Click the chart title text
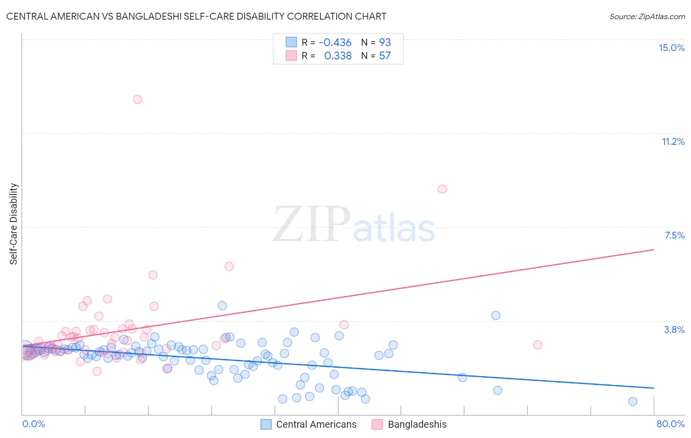click(x=196, y=16)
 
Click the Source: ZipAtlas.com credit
click(x=647, y=16)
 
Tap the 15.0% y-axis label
click(x=671, y=48)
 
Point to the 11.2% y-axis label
click(x=673, y=141)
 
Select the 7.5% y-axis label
click(x=674, y=235)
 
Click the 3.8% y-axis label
click(x=674, y=329)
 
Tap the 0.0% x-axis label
click(x=33, y=424)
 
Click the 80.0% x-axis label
click(x=670, y=424)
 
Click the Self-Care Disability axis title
click(x=14, y=224)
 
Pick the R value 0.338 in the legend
click(x=338, y=55)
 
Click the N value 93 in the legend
click(x=385, y=42)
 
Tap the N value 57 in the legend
click(x=385, y=55)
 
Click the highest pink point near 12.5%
click(x=138, y=99)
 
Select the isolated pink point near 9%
click(x=442, y=189)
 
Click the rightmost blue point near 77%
click(x=633, y=401)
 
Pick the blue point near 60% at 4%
click(x=495, y=315)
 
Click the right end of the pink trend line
click(x=654, y=250)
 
